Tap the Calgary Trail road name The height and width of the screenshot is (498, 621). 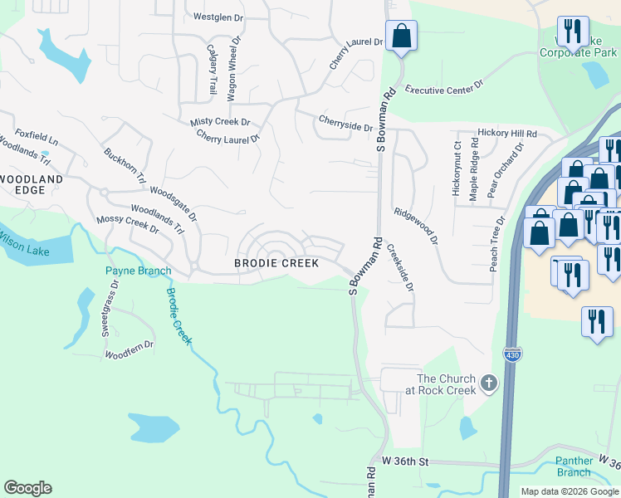click(x=212, y=68)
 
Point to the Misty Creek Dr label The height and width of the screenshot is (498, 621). click(x=220, y=121)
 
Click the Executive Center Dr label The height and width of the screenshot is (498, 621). click(x=443, y=87)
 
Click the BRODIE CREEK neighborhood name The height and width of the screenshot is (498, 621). click(x=276, y=263)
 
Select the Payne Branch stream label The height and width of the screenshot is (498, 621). click(x=138, y=271)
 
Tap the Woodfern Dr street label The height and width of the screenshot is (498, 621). click(x=129, y=349)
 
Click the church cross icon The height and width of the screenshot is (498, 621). click(x=489, y=383)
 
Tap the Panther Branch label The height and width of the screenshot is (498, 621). click(x=575, y=466)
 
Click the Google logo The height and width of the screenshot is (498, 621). click(x=27, y=488)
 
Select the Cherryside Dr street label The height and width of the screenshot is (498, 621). click(x=345, y=123)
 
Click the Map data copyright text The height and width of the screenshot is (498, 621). click(x=569, y=491)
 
